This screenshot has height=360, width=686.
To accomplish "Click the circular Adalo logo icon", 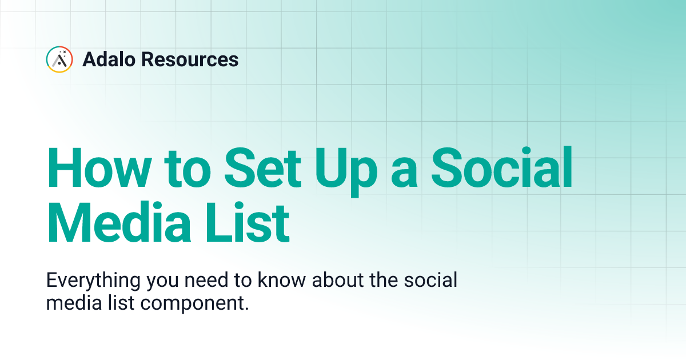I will tap(59, 59).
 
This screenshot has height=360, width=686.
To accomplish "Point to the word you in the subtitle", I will tap(166, 282).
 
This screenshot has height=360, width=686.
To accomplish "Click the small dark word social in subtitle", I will tap(429, 282).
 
